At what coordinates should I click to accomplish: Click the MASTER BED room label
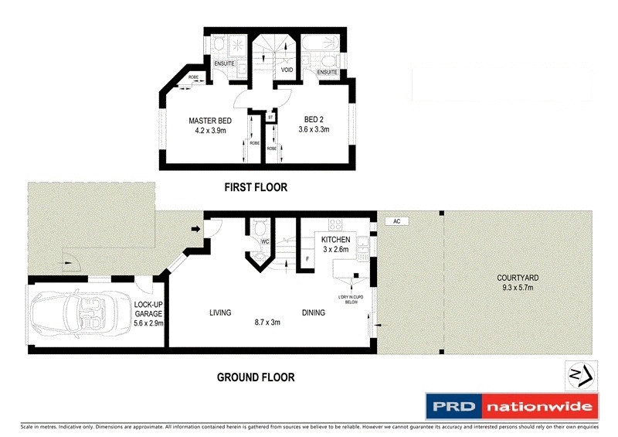point(210,121)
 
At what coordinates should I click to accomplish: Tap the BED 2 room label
point(314,121)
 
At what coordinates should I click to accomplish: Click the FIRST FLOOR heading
point(256,187)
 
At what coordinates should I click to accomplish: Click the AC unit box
point(396,221)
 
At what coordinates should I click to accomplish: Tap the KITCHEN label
point(334,240)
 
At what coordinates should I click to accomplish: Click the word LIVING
point(221,313)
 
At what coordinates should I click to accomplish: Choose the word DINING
point(313,313)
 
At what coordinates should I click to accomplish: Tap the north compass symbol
point(581,376)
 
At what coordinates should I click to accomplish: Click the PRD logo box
point(453,407)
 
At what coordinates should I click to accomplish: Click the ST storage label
point(271,118)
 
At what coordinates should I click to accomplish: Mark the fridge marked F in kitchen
point(307,257)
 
